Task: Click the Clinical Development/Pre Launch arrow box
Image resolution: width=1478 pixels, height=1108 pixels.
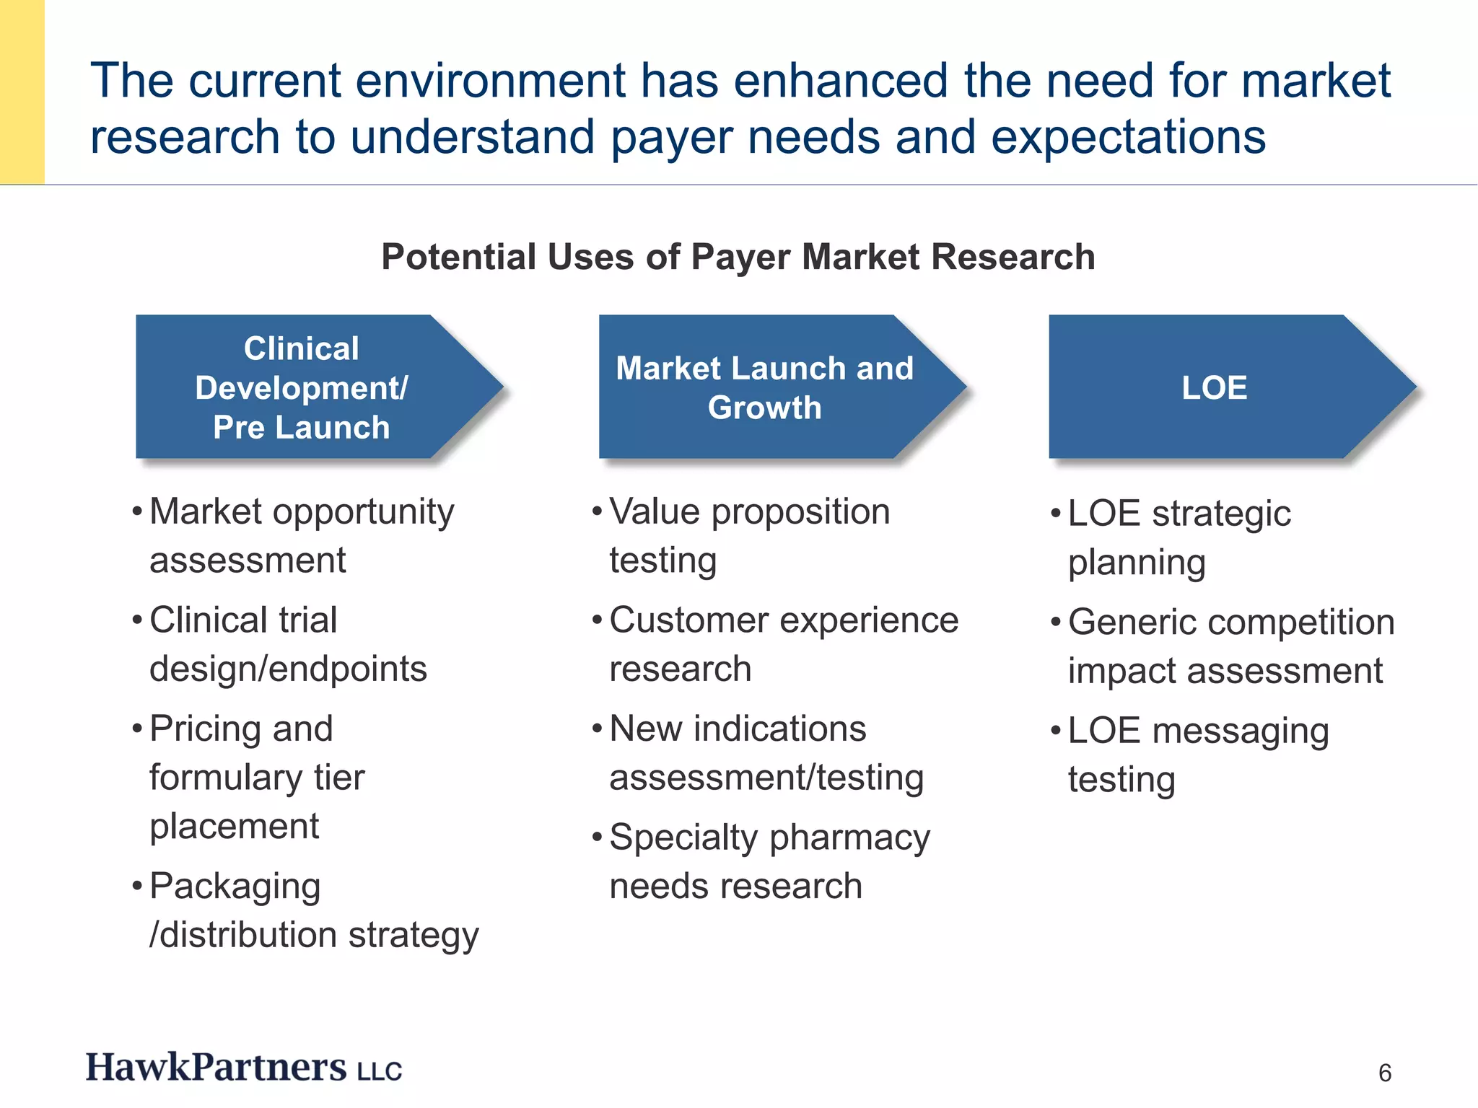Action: (x=302, y=387)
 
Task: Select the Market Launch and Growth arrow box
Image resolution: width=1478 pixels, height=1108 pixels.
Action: (x=764, y=387)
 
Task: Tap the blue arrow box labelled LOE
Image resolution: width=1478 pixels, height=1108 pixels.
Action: (x=1214, y=387)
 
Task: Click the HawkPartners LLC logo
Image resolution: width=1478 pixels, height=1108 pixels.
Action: (x=244, y=1068)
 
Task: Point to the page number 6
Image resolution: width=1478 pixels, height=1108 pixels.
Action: (x=1384, y=1073)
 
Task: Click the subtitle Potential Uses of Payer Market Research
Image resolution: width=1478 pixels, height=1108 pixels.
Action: (x=738, y=257)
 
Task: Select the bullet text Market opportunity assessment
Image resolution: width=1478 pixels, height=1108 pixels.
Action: (x=302, y=536)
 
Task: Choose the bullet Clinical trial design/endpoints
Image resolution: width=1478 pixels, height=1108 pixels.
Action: (x=288, y=644)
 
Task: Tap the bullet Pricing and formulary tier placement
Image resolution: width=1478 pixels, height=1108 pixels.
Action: (x=257, y=777)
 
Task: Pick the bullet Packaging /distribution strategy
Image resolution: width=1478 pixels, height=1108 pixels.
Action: (x=314, y=910)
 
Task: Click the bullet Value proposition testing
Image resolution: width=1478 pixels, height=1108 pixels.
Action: (x=749, y=536)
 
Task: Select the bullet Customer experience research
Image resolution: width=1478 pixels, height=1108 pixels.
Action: (x=784, y=644)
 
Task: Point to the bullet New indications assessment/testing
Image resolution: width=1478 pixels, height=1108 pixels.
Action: (x=766, y=753)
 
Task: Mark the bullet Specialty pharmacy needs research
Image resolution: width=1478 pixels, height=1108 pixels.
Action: (x=769, y=861)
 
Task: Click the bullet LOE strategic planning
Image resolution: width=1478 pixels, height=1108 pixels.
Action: (x=1179, y=537)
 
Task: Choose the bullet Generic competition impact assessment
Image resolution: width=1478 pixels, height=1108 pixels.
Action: (x=1231, y=646)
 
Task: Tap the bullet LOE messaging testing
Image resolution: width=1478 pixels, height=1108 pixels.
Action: (x=1198, y=755)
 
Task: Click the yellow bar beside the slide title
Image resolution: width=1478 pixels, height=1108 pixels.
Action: (x=22, y=92)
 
